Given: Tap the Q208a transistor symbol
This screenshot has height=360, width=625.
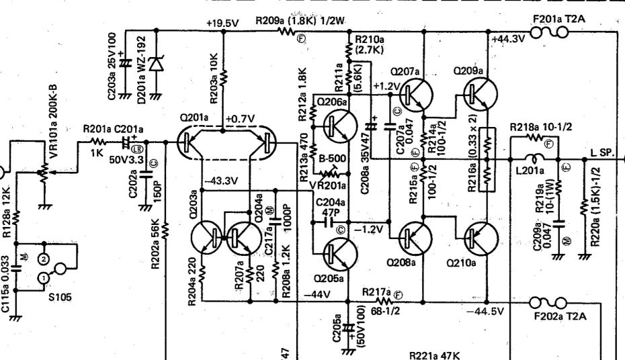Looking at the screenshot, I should point(414,236).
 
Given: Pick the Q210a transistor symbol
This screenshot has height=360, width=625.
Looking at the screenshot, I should point(481,236).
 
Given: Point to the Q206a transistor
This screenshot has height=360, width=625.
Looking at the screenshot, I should point(337,124).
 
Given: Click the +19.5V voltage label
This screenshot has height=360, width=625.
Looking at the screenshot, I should point(222,23).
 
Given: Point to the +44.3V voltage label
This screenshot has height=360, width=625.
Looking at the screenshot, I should point(509,40).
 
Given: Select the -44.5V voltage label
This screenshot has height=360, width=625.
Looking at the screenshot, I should point(485,312).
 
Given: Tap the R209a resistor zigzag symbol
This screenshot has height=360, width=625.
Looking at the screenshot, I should point(291,31).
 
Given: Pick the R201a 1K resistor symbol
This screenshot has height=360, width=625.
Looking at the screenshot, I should point(99,142).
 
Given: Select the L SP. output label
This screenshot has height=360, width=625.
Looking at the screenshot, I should point(602,154).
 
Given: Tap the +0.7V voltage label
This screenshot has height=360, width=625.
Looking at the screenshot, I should point(241,118).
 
